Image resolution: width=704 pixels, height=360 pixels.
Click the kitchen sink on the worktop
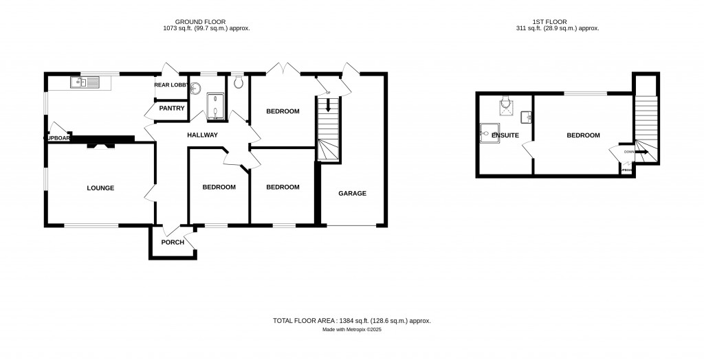coord(85,83)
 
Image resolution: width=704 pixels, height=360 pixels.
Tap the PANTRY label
coord(171,109)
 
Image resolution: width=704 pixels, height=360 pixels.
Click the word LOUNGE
coord(100,188)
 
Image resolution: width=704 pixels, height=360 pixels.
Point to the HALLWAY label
coord(202,135)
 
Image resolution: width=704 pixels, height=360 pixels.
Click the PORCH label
coord(173,243)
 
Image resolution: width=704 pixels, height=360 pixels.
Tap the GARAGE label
coord(352,193)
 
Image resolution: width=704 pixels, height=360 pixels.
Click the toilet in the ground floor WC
coord(238,82)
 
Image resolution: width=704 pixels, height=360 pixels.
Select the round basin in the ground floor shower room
coord(195,87)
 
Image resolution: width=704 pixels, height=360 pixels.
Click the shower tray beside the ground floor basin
coord(214,108)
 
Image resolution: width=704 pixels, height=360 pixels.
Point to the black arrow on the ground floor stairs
coord(328,106)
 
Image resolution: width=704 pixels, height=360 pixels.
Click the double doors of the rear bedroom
coord(283,69)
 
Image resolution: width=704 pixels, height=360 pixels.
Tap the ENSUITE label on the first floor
coord(504,135)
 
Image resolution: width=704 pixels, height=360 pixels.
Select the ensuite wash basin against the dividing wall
coord(527,117)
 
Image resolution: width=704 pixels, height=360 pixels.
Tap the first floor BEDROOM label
coord(583,135)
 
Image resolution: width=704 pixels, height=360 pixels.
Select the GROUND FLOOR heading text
coord(200,22)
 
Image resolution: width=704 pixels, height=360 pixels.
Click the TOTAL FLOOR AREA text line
coord(351,321)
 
